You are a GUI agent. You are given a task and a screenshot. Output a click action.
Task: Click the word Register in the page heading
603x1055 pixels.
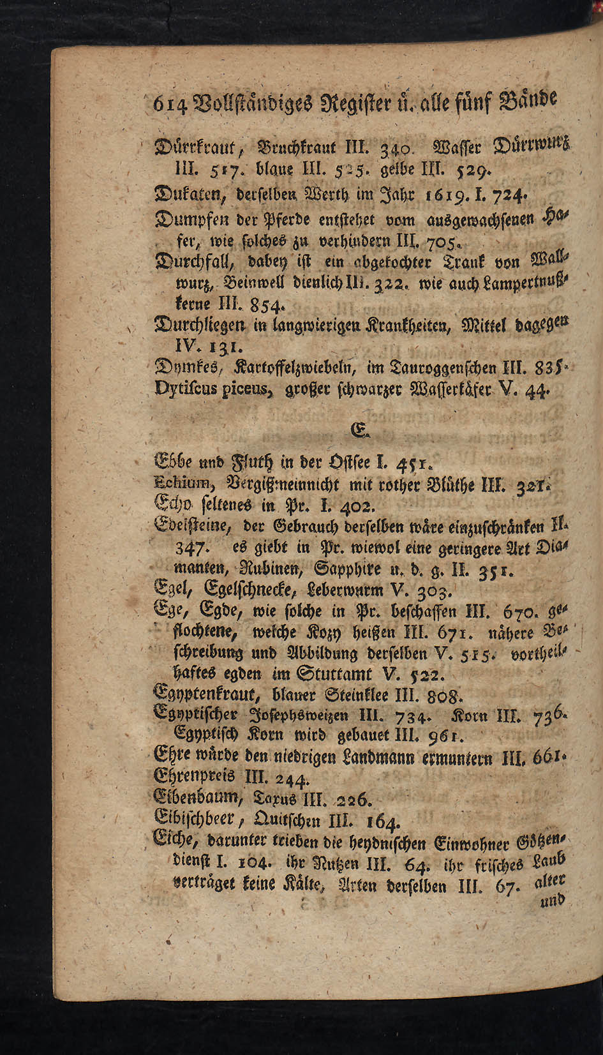tap(341, 100)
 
